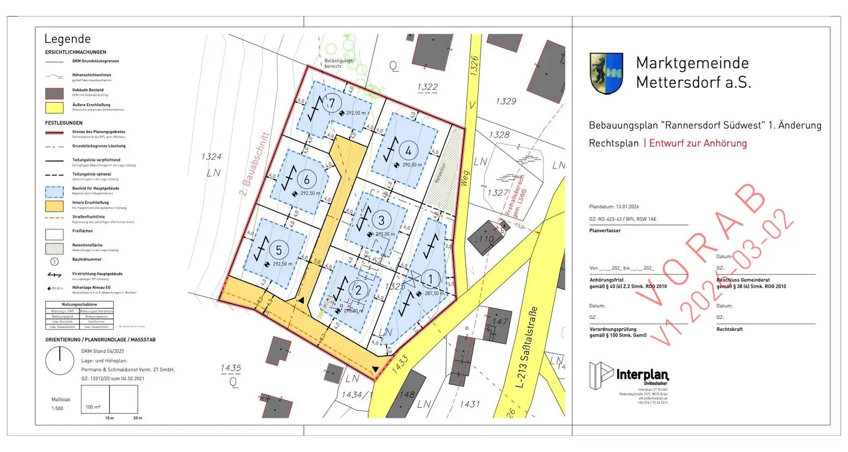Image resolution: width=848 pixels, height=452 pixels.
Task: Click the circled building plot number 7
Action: click(x=332, y=103)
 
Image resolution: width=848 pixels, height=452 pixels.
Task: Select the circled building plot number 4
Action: click(x=408, y=150)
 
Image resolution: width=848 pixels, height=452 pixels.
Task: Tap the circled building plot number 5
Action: click(x=278, y=250)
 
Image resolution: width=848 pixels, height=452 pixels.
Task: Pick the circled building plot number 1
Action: click(x=430, y=279)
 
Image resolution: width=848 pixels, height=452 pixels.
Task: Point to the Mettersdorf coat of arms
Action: click(x=606, y=73)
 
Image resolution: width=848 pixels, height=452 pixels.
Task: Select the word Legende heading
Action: click(x=67, y=39)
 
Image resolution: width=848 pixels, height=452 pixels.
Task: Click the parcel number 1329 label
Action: click(x=506, y=101)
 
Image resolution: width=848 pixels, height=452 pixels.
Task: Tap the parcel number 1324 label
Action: click(x=211, y=157)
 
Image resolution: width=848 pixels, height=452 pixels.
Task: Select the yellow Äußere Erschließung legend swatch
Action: click(x=54, y=107)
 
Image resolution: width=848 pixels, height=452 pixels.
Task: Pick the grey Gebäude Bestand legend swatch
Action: click(x=54, y=93)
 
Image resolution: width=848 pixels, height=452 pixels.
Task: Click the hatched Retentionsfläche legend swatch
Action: click(x=54, y=248)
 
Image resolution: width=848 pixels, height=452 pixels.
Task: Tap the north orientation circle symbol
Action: click(x=59, y=361)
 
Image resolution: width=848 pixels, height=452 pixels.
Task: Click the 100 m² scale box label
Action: click(x=93, y=407)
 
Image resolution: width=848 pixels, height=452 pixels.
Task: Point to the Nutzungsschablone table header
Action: click(x=79, y=305)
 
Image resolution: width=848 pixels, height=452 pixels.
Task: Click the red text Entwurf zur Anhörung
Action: click(x=698, y=143)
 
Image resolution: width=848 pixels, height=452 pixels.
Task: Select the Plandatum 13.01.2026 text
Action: click(x=614, y=207)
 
